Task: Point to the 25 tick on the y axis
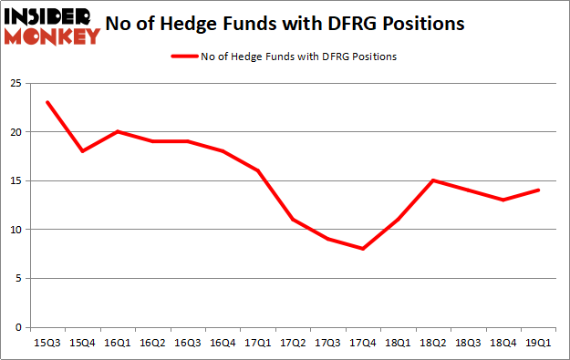point(15,83)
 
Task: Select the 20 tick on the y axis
point(15,132)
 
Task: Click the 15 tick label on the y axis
point(15,180)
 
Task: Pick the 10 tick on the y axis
point(15,230)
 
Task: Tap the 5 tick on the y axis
point(17,278)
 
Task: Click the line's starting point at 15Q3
point(47,102)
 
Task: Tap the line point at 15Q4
point(81,151)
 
